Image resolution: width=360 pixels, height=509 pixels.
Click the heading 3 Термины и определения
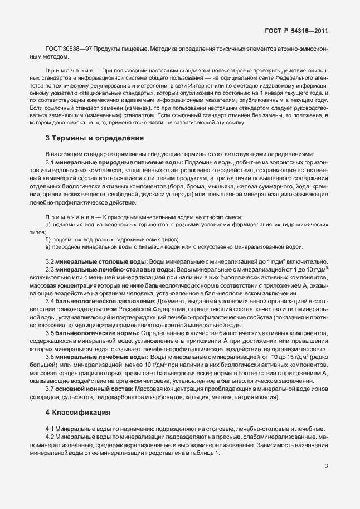click(94, 138)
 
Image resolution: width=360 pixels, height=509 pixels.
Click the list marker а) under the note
click(48, 224)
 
